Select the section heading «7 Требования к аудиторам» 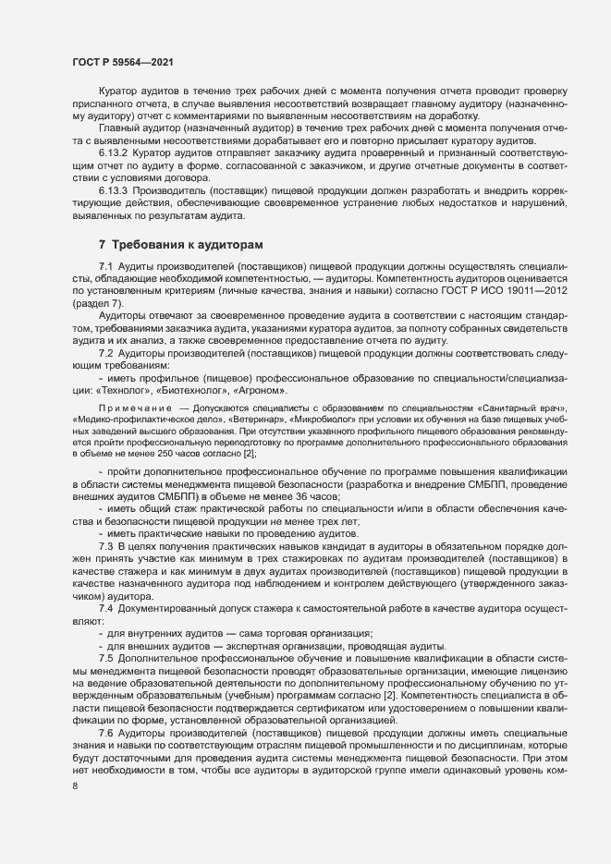[181, 245]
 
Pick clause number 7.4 [105, 610]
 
